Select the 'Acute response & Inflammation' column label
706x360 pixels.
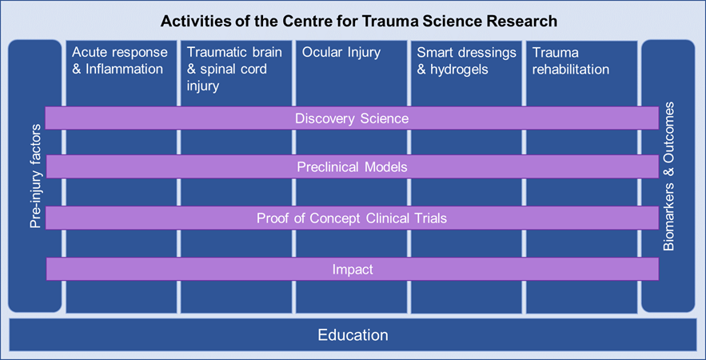pos(120,61)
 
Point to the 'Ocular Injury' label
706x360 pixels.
pos(341,53)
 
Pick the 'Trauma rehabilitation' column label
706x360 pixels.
pos(570,61)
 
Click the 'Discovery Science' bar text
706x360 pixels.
pos(352,118)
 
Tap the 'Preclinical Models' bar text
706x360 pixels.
pos(352,168)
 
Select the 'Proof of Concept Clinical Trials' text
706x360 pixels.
pos(352,218)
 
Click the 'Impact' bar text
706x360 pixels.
pos(353,270)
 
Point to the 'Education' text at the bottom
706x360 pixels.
pos(353,335)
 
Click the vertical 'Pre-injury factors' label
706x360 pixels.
pos(35,176)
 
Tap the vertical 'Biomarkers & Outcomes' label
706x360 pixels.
pos(669,177)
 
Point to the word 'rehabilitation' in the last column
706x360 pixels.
pos(570,70)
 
